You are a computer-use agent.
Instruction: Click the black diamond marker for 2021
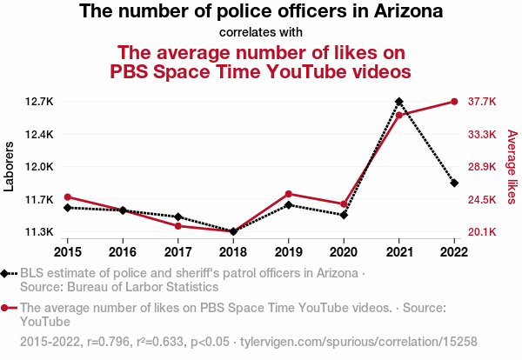pos(399,102)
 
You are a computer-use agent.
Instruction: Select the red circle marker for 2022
pos(454,102)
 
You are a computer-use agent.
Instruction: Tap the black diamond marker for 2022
pos(454,183)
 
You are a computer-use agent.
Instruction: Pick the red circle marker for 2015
pos(68,197)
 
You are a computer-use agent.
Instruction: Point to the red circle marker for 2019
pos(289,194)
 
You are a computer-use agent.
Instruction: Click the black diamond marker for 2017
pos(178,217)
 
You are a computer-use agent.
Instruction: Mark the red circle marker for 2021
pos(399,115)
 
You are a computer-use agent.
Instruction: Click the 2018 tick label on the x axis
pos(233,251)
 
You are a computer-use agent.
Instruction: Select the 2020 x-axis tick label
pos(344,251)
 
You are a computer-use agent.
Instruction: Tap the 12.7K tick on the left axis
pos(39,102)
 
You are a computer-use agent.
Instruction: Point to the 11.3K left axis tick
pos(39,232)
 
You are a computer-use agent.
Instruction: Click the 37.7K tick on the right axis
pos(482,102)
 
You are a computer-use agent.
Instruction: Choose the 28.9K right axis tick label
pos(482,167)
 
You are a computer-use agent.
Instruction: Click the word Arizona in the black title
pos(402,12)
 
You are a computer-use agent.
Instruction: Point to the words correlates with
pos(261,32)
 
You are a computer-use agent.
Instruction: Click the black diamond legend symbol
pos(7,274)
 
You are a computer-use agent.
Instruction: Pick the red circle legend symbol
pos(7,308)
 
